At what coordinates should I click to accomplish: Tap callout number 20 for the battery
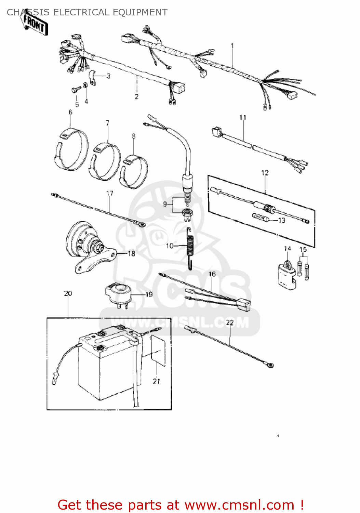[x=68, y=293]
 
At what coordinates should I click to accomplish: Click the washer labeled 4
[x=85, y=85]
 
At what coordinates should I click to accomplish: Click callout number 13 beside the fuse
[x=282, y=221]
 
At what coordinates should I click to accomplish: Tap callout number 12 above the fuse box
[x=265, y=173]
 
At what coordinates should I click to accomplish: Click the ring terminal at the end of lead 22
[x=270, y=365]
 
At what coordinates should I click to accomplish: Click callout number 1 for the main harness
[x=232, y=45]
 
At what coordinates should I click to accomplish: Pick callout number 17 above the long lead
[x=109, y=193]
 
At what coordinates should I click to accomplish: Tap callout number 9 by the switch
[x=165, y=204]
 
